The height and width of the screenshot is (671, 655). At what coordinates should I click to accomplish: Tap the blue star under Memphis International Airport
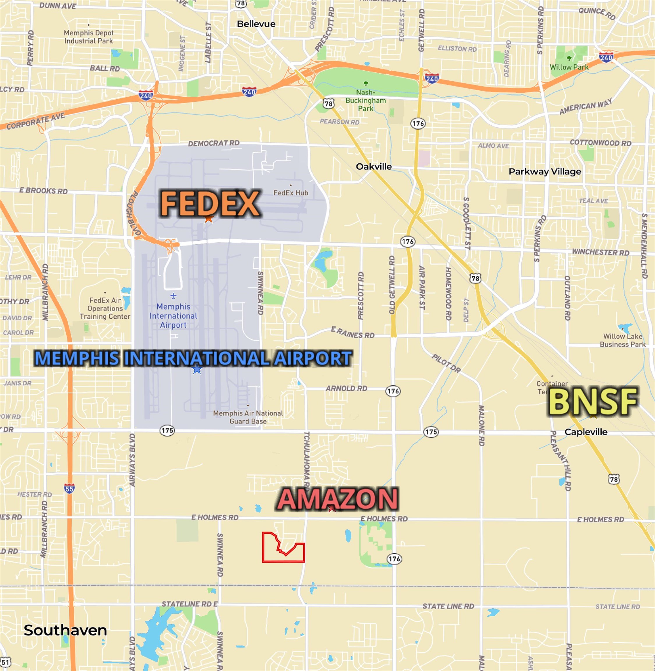pos(197,369)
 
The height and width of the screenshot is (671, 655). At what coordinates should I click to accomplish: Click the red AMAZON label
pos(338,499)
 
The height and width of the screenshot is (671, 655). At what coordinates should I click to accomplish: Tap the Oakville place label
pos(374,167)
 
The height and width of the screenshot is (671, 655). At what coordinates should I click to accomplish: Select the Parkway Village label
pos(545,171)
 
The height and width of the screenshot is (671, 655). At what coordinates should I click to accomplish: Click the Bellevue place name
pos(256,24)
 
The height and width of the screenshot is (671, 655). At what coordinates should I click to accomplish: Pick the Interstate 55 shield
pos(69,488)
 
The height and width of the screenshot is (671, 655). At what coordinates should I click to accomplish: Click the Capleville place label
pos(586,432)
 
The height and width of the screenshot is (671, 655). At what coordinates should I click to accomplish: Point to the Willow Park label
pos(569,67)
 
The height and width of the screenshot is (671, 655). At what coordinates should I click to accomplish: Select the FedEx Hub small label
pos(291,193)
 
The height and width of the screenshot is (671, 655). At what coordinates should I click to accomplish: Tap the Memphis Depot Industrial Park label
pos(89,37)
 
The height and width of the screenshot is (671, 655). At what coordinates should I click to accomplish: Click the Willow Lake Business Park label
pos(622,340)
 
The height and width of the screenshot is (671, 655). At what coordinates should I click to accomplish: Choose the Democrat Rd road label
pos(214,143)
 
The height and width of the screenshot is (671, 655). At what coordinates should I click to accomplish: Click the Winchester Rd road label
pos(600,252)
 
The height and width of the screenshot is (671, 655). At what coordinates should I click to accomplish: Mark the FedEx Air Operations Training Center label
pos(105,308)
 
